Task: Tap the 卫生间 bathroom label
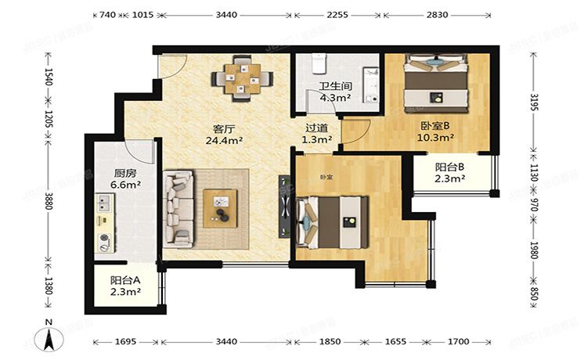pyautogui.click(x=333, y=87)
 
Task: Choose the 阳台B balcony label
pyautogui.click(x=450, y=166)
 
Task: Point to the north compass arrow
pyautogui.click(x=49, y=338)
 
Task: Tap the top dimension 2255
pyautogui.click(x=337, y=15)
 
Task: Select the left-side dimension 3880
pyautogui.click(x=49, y=202)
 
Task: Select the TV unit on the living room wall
pyautogui.click(x=283, y=205)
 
